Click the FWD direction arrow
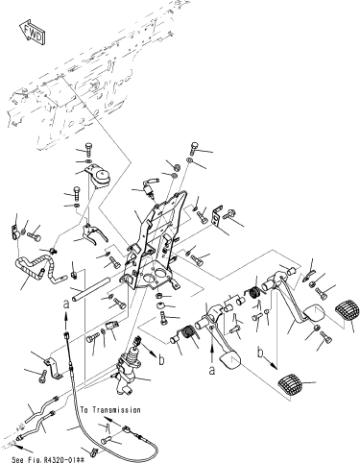(32, 33)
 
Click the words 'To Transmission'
(110, 410)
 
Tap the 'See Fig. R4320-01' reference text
(48, 460)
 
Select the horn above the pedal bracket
(98, 175)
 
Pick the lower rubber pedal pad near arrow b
(290, 384)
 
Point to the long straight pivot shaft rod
(90, 289)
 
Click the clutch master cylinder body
(128, 373)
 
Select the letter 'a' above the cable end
(66, 305)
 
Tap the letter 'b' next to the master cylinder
(162, 359)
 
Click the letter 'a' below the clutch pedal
(212, 370)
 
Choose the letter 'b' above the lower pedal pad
(262, 352)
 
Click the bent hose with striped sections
(36, 266)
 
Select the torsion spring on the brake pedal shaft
(256, 292)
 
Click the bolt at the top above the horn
(88, 149)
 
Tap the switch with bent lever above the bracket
(149, 187)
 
